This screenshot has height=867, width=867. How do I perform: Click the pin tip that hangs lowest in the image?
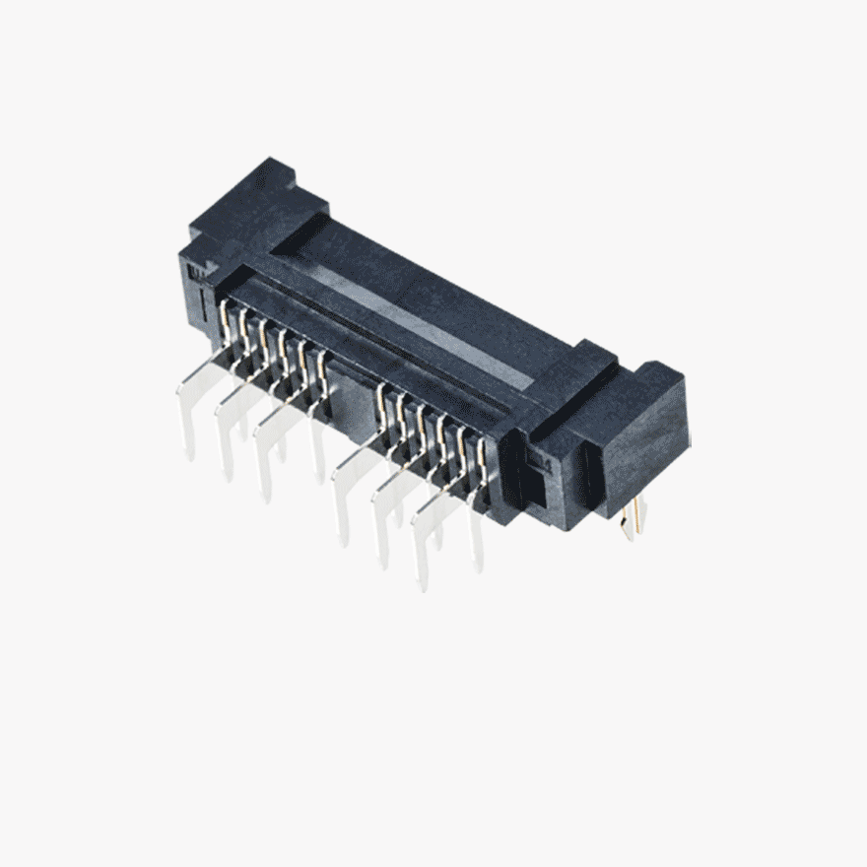[423, 581]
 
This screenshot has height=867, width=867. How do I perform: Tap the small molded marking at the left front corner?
[197, 268]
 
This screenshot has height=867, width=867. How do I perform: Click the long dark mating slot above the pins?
[374, 335]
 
